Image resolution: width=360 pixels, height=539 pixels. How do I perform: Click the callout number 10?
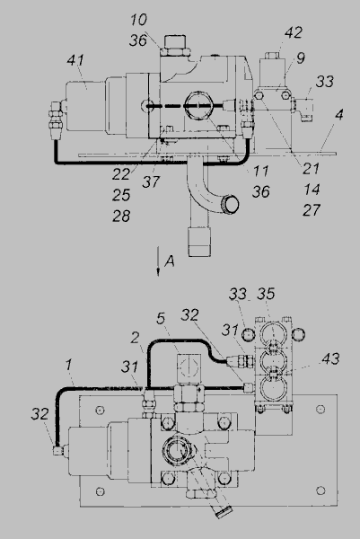[138, 20]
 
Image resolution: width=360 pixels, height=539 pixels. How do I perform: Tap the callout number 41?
[75, 60]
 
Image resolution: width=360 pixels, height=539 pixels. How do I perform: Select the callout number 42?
[294, 32]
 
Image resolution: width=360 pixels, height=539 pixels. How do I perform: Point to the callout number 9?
[301, 57]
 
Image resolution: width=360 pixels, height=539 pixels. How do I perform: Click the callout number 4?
[339, 114]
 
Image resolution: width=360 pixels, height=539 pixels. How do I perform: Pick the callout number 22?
[121, 174]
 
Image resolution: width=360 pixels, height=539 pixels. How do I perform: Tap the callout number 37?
[151, 181]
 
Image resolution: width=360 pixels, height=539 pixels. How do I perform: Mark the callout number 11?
[260, 171]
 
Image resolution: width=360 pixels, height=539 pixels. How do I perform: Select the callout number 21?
[311, 169]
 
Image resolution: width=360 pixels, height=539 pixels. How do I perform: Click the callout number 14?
[312, 190]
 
